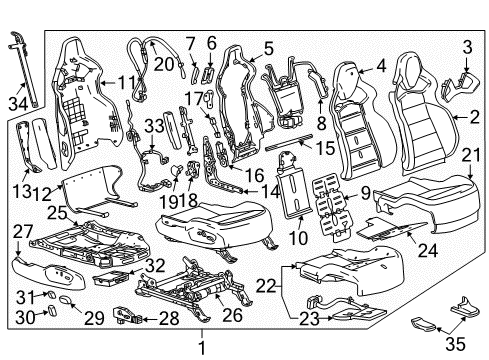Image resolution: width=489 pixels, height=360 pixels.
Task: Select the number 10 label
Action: point(295,238)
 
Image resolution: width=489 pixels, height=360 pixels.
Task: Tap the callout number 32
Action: point(153,267)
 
